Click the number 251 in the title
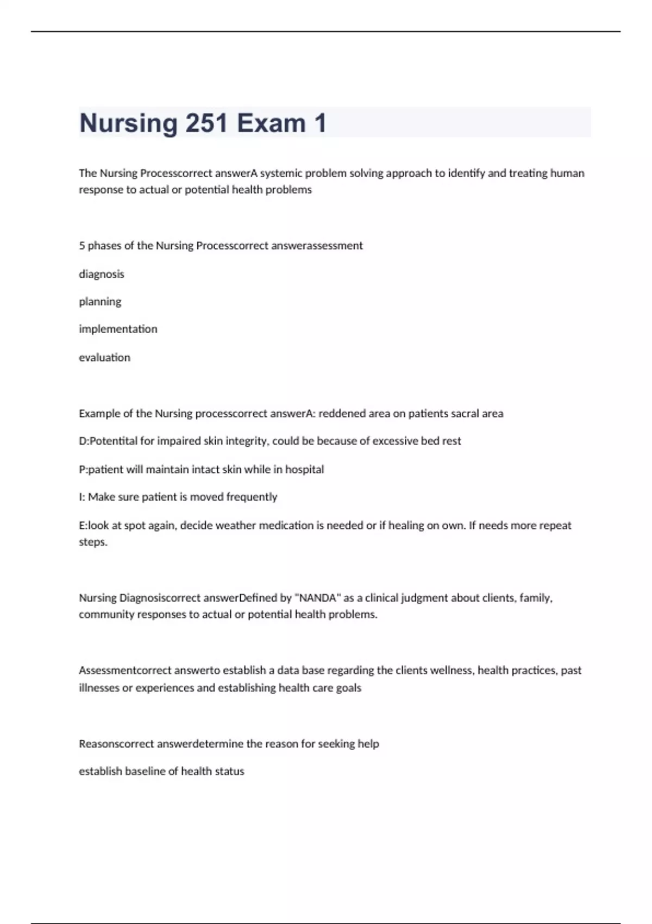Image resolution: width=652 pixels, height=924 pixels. click(206, 123)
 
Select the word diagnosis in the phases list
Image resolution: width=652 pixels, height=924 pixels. click(102, 274)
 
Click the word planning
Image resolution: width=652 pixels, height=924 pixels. click(100, 302)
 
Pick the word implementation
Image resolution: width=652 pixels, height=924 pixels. click(118, 329)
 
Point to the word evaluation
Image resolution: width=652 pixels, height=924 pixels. click(104, 358)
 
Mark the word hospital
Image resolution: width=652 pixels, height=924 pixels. click(304, 469)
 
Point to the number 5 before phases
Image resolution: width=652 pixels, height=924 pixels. click(82, 246)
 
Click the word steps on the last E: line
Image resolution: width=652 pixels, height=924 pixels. click(92, 542)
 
